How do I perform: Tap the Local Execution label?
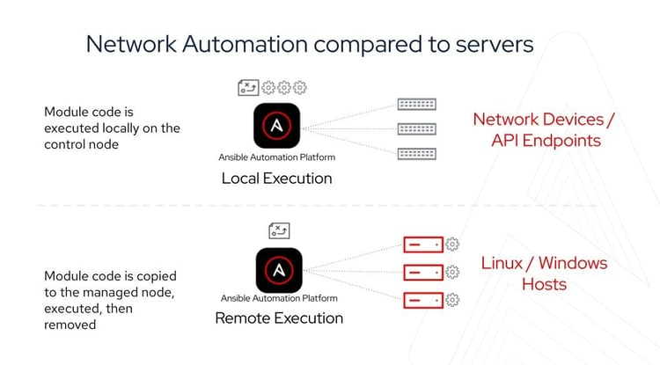tap(276, 179)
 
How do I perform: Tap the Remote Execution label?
tap(279, 318)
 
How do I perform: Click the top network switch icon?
tap(416, 104)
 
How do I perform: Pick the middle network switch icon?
tap(416, 128)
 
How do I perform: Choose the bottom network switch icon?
tap(416, 153)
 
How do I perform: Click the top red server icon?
tap(422, 245)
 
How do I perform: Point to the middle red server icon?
tap(422, 272)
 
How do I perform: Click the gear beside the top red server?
tap(453, 245)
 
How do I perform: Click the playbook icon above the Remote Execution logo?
tap(279, 231)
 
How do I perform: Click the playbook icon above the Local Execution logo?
tap(249, 87)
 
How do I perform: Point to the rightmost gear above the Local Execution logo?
tap(300, 87)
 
